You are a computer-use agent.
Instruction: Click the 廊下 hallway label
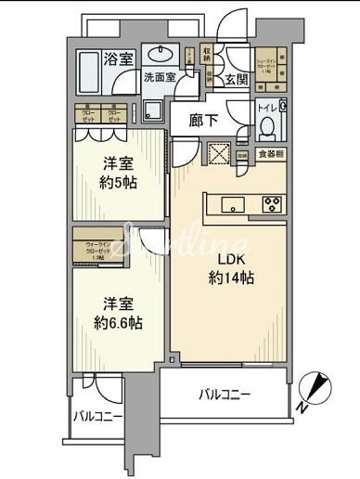tap(202, 121)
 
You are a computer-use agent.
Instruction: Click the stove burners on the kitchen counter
tap(274, 205)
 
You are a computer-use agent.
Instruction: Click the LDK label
tap(233, 257)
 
